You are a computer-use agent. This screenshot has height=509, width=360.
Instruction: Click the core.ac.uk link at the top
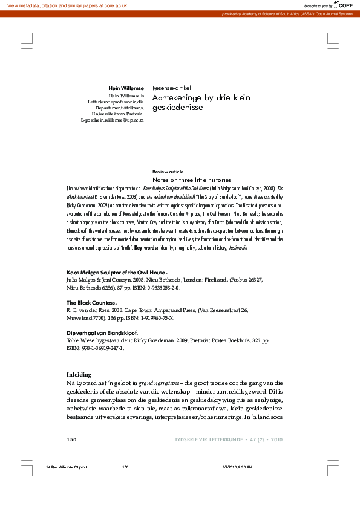tap(116, 5)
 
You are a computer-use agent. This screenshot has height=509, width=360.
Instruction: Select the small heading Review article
tap(168, 172)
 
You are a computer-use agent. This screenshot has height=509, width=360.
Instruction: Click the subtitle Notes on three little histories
tap(192, 180)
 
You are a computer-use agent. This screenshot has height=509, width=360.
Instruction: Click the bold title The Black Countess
tap(91, 302)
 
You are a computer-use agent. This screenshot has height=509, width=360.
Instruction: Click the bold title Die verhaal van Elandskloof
tap(102, 332)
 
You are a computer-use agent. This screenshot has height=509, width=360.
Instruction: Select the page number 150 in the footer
tap(71, 439)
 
